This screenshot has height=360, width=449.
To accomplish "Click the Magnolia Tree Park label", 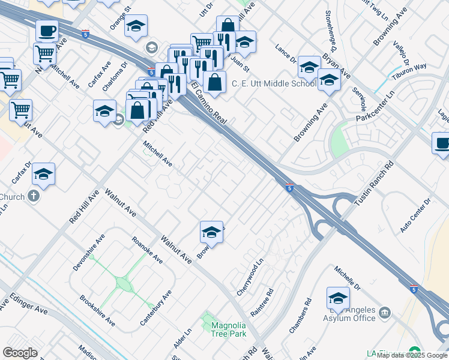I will click(229, 329).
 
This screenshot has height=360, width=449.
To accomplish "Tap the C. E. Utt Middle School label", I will click(274, 83).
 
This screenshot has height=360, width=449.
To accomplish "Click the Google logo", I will click(20, 353).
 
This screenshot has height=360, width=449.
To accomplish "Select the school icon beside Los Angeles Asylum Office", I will click(339, 298).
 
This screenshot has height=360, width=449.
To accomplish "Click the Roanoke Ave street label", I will click(147, 250).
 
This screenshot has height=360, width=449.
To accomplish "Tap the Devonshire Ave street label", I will click(88, 253).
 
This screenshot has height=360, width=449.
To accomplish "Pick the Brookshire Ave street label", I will click(97, 310).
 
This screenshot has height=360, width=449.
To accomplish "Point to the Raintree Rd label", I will click(262, 302).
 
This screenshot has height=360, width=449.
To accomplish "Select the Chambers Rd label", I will click(301, 316).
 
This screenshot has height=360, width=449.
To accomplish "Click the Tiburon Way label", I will click(410, 67).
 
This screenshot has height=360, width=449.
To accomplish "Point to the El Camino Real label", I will click(208, 103).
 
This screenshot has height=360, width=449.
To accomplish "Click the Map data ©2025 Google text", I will click(412, 355).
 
